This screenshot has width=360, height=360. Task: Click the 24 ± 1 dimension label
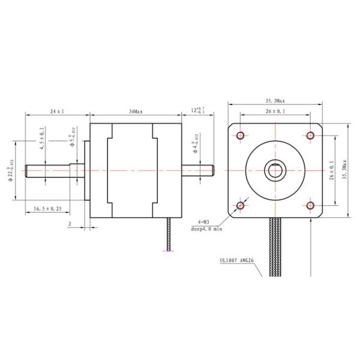[57, 112]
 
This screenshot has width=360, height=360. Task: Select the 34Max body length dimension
[136, 112]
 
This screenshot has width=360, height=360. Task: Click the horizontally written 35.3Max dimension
[275, 101]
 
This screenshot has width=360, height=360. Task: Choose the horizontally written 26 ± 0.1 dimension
[275, 112]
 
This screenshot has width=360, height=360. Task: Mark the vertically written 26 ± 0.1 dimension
[332, 171]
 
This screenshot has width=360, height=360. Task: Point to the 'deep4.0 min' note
[206, 229]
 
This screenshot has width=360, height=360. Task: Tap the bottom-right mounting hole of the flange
[310, 205]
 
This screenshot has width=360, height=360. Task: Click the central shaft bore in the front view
[275, 170]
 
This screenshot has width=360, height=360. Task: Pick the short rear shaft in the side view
[198, 170]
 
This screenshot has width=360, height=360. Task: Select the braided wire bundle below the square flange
[277, 246]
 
